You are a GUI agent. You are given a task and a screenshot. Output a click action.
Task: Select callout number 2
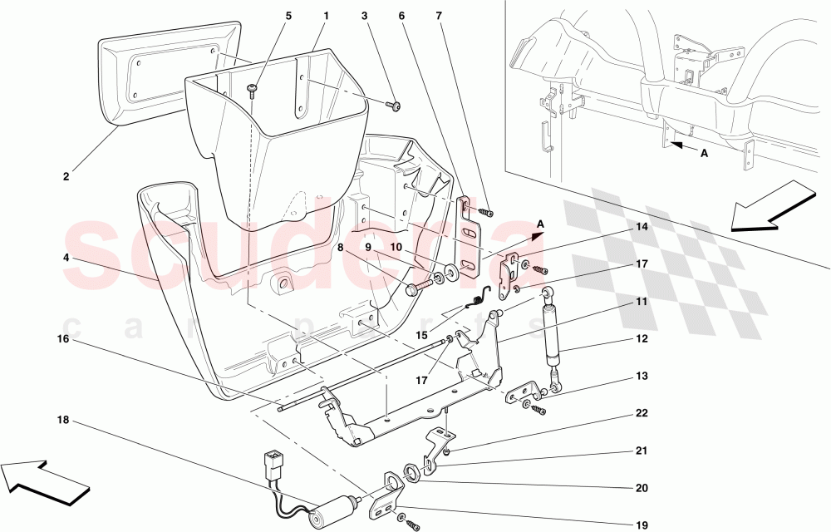66,176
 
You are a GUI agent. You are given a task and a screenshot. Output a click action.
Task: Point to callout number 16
64,339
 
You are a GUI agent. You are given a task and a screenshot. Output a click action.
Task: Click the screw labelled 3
395,106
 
